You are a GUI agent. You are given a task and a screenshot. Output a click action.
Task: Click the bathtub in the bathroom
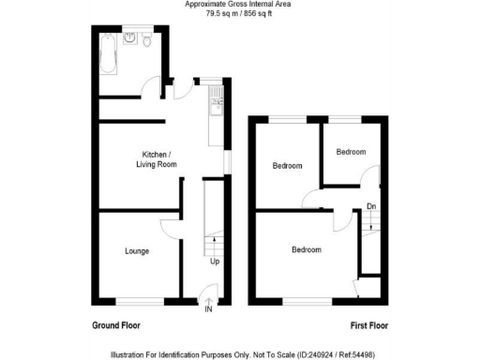[x=105, y=53]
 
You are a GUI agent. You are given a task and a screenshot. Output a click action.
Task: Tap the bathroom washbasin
[x=133, y=38]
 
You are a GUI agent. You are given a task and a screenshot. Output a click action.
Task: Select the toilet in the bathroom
[x=149, y=39]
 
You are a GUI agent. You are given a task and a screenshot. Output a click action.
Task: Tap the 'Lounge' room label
[x=137, y=251]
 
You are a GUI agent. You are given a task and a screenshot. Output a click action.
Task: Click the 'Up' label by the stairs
[x=215, y=261]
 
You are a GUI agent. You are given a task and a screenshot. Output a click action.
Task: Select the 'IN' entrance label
[x=209, y=308]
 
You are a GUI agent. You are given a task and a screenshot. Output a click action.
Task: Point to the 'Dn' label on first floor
[x=371, y=206]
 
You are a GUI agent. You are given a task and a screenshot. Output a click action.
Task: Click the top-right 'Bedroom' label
[x=352, y=152]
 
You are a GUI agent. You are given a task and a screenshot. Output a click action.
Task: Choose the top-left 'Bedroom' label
[x=287, y=166]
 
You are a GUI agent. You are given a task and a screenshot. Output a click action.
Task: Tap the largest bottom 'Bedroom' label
[x=306, y=250]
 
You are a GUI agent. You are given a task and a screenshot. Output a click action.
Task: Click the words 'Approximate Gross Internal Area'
[x=239, y=5]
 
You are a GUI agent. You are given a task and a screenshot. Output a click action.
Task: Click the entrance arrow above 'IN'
[x=209, y=300]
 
